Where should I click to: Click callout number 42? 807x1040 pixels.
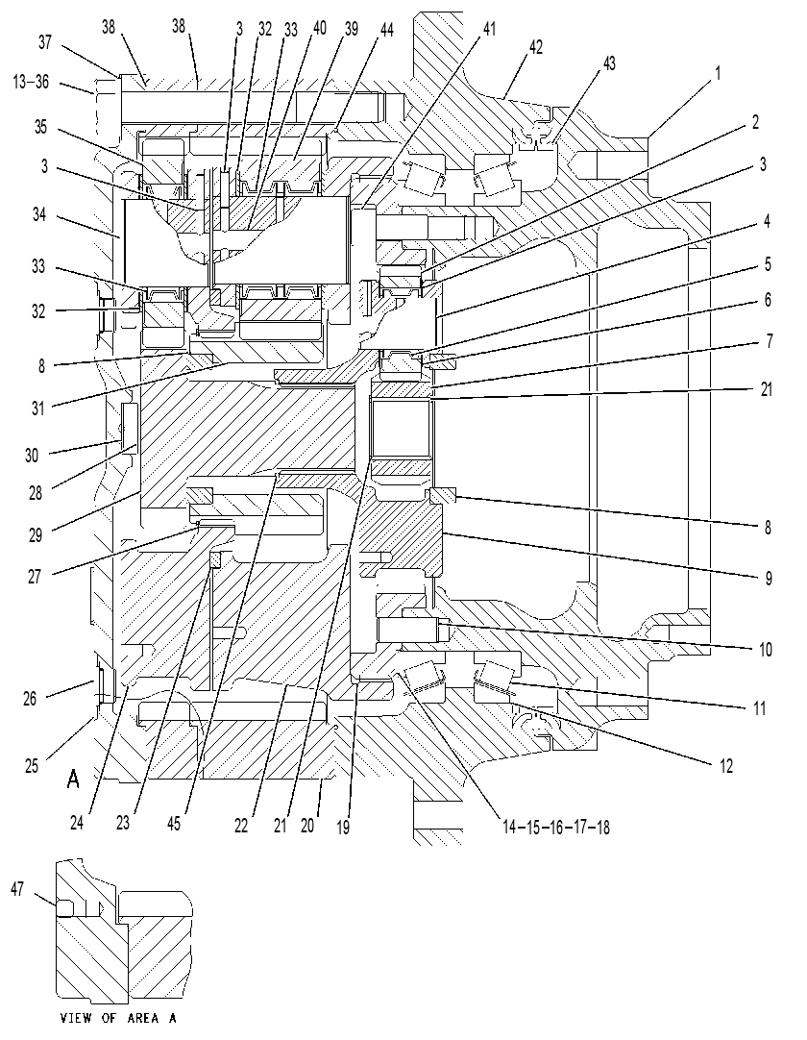coord(535,47)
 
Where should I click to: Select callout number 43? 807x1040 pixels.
coord(608,63)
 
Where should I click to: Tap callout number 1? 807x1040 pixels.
coord(717,73)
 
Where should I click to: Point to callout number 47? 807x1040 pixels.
coord(17,888)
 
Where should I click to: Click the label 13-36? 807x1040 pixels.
coord(31,83)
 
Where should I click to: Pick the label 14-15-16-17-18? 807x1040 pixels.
coord(555,827)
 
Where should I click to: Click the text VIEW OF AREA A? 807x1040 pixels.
coord(118,1018)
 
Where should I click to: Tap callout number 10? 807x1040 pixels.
coord(766,649)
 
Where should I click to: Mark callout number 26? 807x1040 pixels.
coord(30,698)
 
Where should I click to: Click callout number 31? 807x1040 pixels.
coord(38,408)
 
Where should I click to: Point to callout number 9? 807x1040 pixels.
coord(769,579)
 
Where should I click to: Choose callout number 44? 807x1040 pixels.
coord(385,29)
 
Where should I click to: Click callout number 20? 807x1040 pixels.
coord(306,825)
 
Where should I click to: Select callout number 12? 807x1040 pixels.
coord(726,765)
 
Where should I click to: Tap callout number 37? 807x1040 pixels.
coord(44,42)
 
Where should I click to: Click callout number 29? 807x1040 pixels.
coord(36,534)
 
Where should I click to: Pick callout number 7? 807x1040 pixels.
coord(769,341)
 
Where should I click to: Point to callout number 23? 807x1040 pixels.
coord(122,823)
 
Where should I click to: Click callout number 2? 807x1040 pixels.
coord(755,122)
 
